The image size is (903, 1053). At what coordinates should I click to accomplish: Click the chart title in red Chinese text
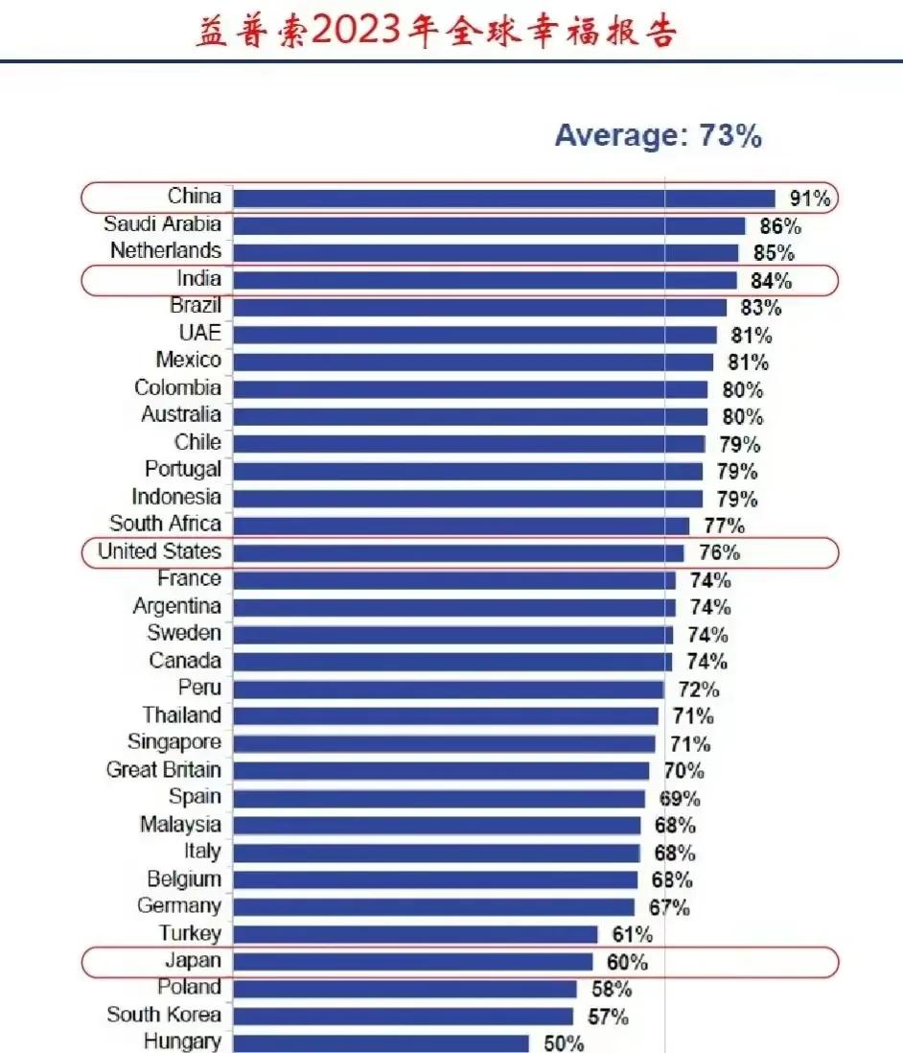coord(436,31)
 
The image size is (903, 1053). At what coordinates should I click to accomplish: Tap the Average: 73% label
coord(658,136)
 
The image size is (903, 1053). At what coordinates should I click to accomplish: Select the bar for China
coord(503,199)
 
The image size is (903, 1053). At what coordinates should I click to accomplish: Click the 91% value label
coord(809,199)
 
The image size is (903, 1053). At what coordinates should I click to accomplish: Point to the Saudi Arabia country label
coord(162,224)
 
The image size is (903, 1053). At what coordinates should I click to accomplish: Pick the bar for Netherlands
coord(485,253)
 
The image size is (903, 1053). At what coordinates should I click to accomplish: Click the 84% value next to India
coord(772,281)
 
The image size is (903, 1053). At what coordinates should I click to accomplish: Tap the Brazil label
coord(196,306)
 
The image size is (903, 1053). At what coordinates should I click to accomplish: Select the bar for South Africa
coord(460,526)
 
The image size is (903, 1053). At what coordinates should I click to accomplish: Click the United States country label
coord(159,551)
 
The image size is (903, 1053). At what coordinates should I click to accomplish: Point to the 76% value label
coord(719,553)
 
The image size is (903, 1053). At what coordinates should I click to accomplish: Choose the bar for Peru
coord(448,690)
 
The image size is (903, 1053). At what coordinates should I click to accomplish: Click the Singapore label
coord(174,742)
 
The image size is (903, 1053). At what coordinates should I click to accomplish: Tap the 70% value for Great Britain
coord(683,771)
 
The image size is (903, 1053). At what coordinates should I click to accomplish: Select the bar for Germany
coord(433,907)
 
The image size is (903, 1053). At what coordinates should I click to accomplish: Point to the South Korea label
coord(164,1015)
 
